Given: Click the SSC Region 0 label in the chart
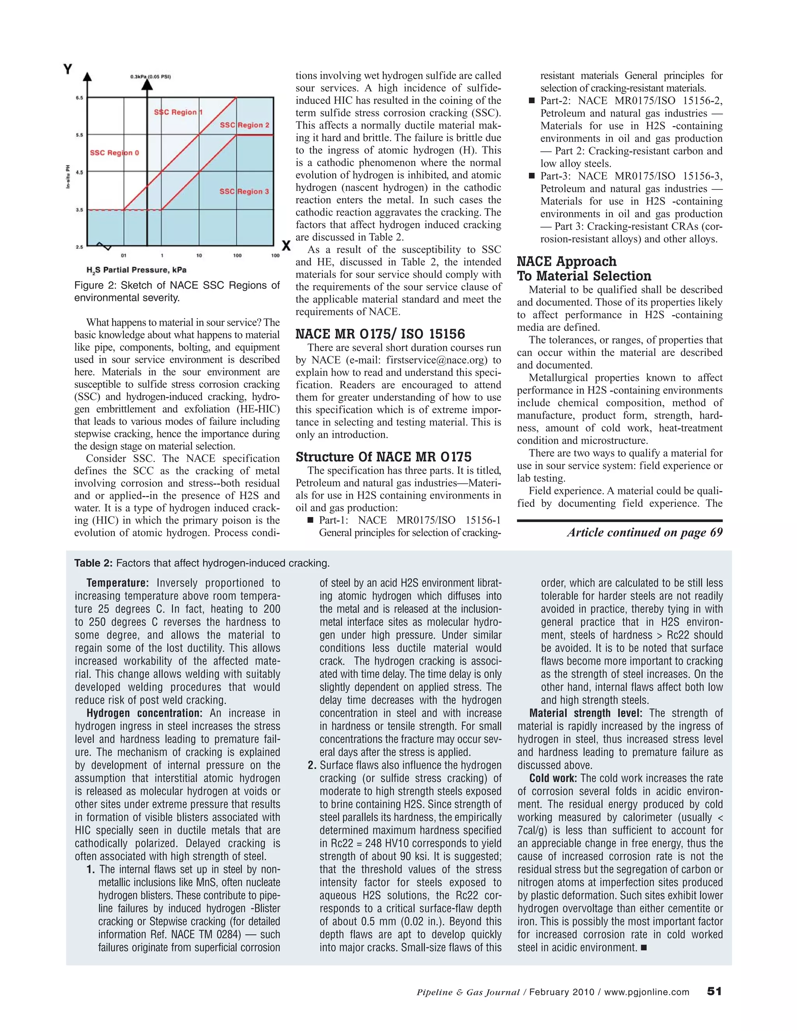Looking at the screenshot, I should click(114, 153).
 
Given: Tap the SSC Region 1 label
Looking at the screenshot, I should click(178, 112).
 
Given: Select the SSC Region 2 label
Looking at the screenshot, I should click(244, 125).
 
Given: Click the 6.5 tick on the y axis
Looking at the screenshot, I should click(78, 98).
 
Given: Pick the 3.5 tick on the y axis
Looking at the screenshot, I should click(78, 210).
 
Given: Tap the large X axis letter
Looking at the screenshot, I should click(286, 246).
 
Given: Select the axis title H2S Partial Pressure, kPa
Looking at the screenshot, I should click(136, 270).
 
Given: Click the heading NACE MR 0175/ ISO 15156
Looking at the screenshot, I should click(380, 334).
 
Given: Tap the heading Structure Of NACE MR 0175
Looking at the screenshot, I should click(383, 457).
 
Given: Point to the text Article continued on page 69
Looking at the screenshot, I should click(644, 533).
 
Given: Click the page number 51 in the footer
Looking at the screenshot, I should click(714, 992).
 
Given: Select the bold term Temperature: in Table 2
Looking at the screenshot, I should click(118, 583).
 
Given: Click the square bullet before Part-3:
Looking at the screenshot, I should click(531, 176).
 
